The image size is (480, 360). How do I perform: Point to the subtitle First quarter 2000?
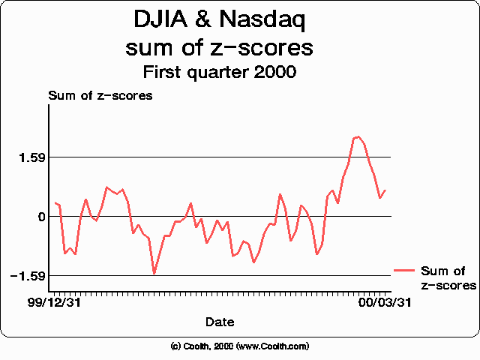pyautogui.click(x=219, y=73)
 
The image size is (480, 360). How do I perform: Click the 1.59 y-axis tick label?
pyautogui.click(x=31, y=157)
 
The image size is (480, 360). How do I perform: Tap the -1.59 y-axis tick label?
pyautogui.click(x=28, y=276)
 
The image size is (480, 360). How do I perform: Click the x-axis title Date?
pyautogui.click(x=219, y=322)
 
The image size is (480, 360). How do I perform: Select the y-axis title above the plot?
pyautogui.click(x=100, y=95)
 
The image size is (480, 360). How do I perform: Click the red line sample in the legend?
pyautogui.click(x=404, y=271)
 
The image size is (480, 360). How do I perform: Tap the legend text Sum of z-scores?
pyautogui.click(x=448, y=278)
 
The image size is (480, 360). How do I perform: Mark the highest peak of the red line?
pyautogui.click(x=358, y=136)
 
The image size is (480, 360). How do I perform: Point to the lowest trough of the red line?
pyautogui.click(x=154, y=274)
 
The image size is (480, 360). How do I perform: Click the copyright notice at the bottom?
pyautogui.click(x=239, y=346)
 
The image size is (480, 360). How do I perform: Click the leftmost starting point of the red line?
pyautogui.click(x=55, y=202)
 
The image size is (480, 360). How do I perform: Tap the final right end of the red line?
pyautogui.click(x=385, y=190)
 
